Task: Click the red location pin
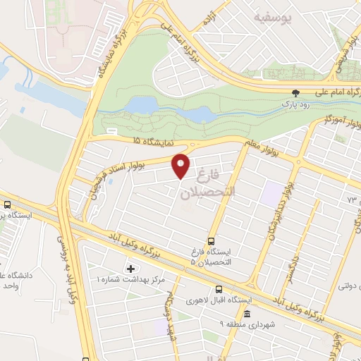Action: point(181,166)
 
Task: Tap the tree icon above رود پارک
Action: point(297,93)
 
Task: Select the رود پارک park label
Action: point(297,103)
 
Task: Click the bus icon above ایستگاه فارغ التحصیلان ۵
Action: point(212,239)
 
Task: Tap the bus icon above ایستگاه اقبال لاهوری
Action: point(219,289)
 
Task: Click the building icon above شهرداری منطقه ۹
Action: point(247,314)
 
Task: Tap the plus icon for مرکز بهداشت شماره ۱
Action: point(130,269)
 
